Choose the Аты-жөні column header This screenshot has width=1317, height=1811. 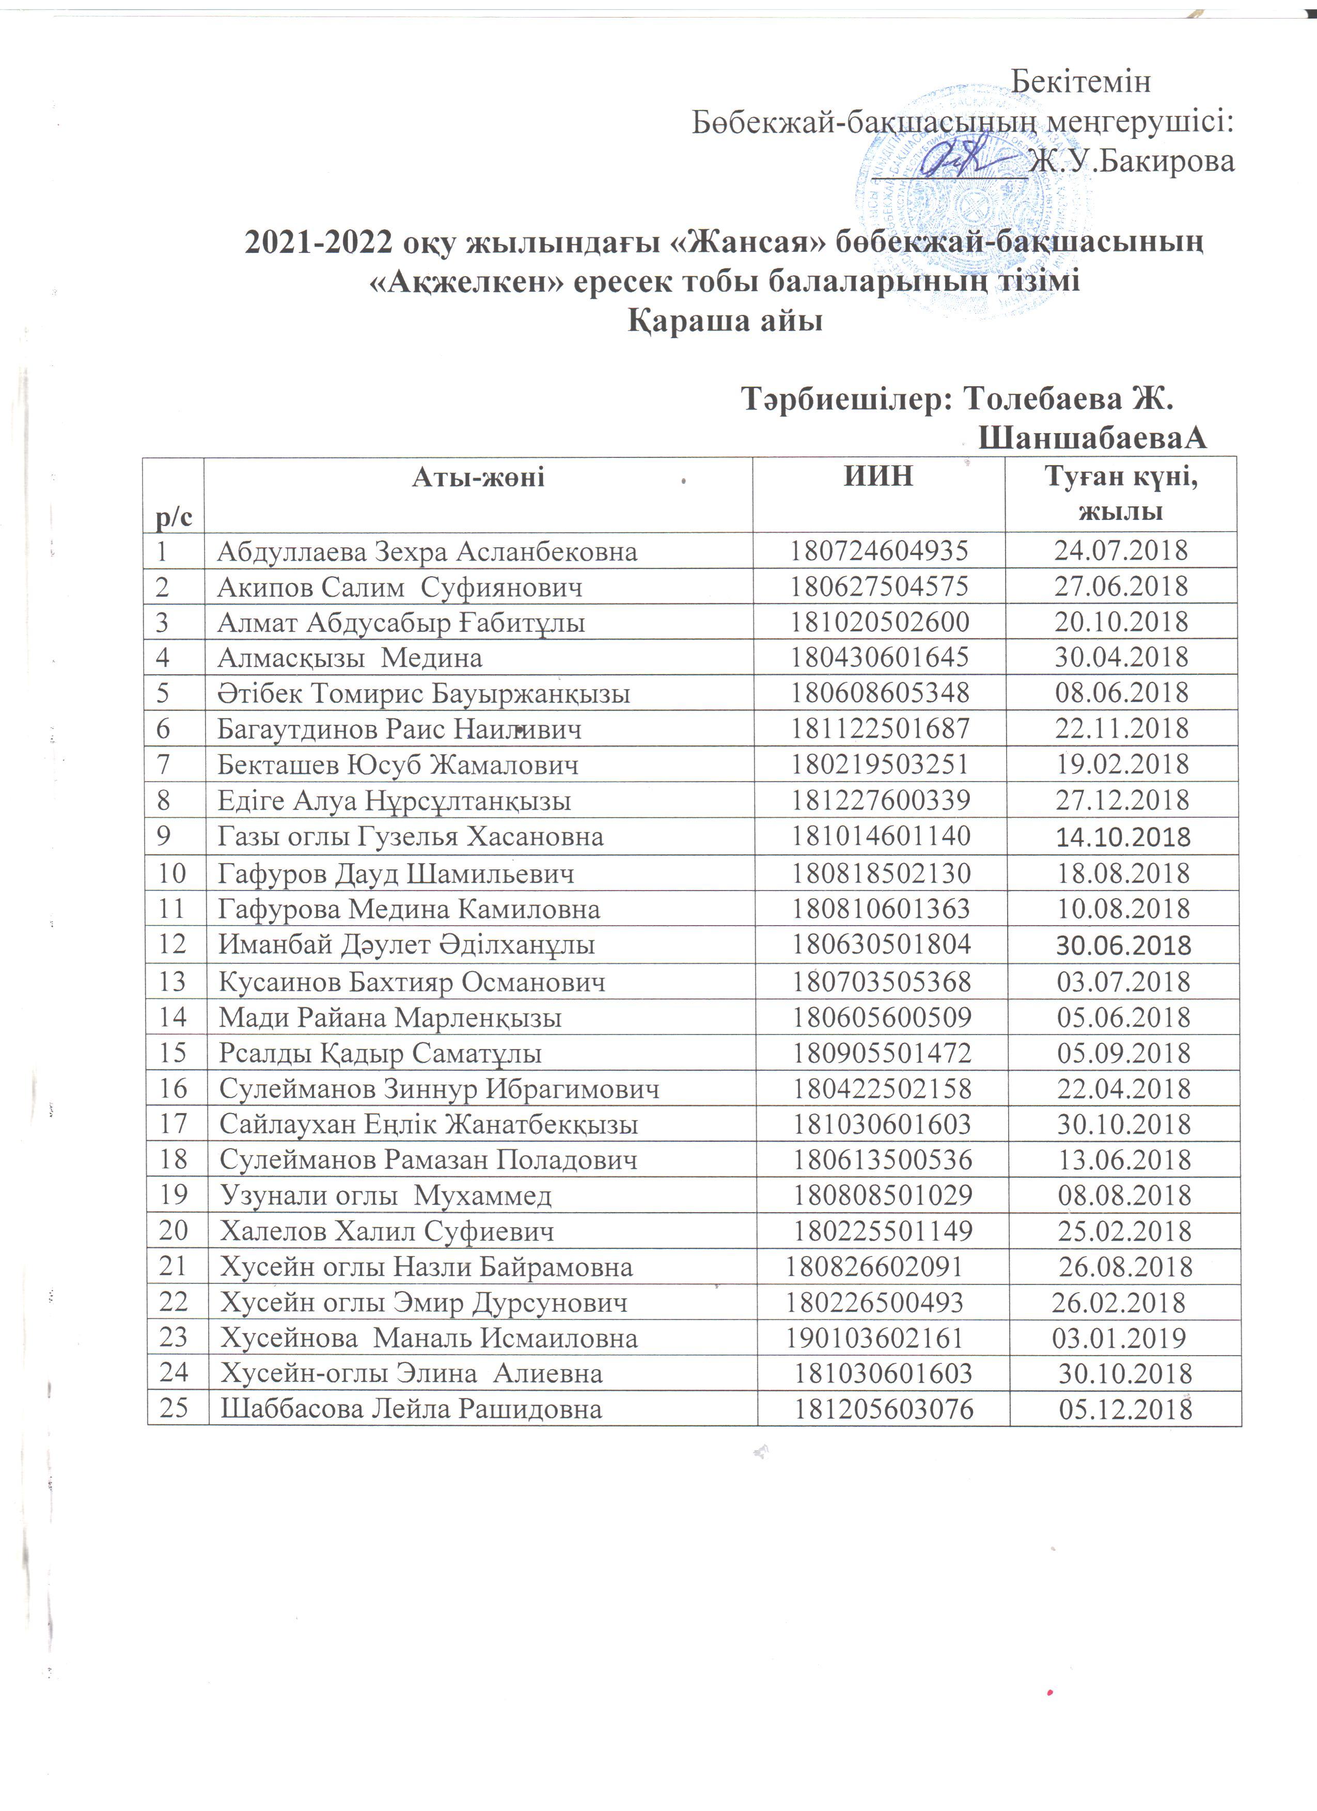tap(478, 478)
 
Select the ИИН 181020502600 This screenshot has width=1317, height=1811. tap(880, 622)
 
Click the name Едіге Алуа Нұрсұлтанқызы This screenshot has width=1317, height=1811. tap(395, 800)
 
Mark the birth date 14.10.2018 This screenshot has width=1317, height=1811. tap(1123, 837)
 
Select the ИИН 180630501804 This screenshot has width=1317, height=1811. tap(882, 945)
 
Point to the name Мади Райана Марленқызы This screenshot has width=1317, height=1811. tap(390, 1018)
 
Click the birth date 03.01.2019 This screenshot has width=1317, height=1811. tap(1118, 1338)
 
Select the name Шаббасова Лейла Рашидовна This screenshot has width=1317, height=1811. tap(411, 1409)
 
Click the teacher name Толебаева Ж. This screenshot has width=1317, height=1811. tap(1069, 399)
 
